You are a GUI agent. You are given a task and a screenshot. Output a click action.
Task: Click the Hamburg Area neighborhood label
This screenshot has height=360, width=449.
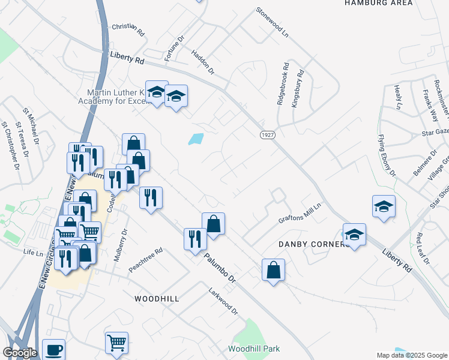pyautogui.click(x=379, y=3)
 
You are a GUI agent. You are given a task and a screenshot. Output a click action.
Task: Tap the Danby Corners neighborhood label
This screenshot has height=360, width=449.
pyautogui.click(x=313, y=244)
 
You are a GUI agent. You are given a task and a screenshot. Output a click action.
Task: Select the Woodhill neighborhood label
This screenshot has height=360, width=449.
pyautogui.click(x=157, y=298)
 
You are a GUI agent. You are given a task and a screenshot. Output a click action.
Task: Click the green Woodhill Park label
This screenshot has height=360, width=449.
pyautogui.click(x=254, y=349)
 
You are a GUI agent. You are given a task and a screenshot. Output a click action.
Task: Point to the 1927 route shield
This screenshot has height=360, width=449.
pyautogui.click(x=268, y=136)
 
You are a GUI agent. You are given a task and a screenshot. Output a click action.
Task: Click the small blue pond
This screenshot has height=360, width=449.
pyautogui.click(x=196, y=139)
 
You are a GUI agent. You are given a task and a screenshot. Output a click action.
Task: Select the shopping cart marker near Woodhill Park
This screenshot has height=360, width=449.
pyautogui.click(x=116, y=343)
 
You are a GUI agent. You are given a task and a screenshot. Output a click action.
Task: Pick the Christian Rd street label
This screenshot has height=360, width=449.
pyautogui.click(x=128, y=29)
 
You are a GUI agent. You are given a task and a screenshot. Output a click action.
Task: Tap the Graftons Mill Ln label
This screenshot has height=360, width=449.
pyautogui.click(x=300, y=213)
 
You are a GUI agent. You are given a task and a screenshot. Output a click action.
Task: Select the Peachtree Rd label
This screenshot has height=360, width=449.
pyautogui.click(x=146, y=260)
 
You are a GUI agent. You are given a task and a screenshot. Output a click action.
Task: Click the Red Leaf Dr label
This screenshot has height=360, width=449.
pyautogui.click(x=423, y=248)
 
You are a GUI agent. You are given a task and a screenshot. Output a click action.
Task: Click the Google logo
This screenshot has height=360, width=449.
pyautogui.click(x=20, y=353)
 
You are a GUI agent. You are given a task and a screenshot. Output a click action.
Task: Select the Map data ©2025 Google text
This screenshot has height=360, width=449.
pyautogui.click(x=412, y=355)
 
